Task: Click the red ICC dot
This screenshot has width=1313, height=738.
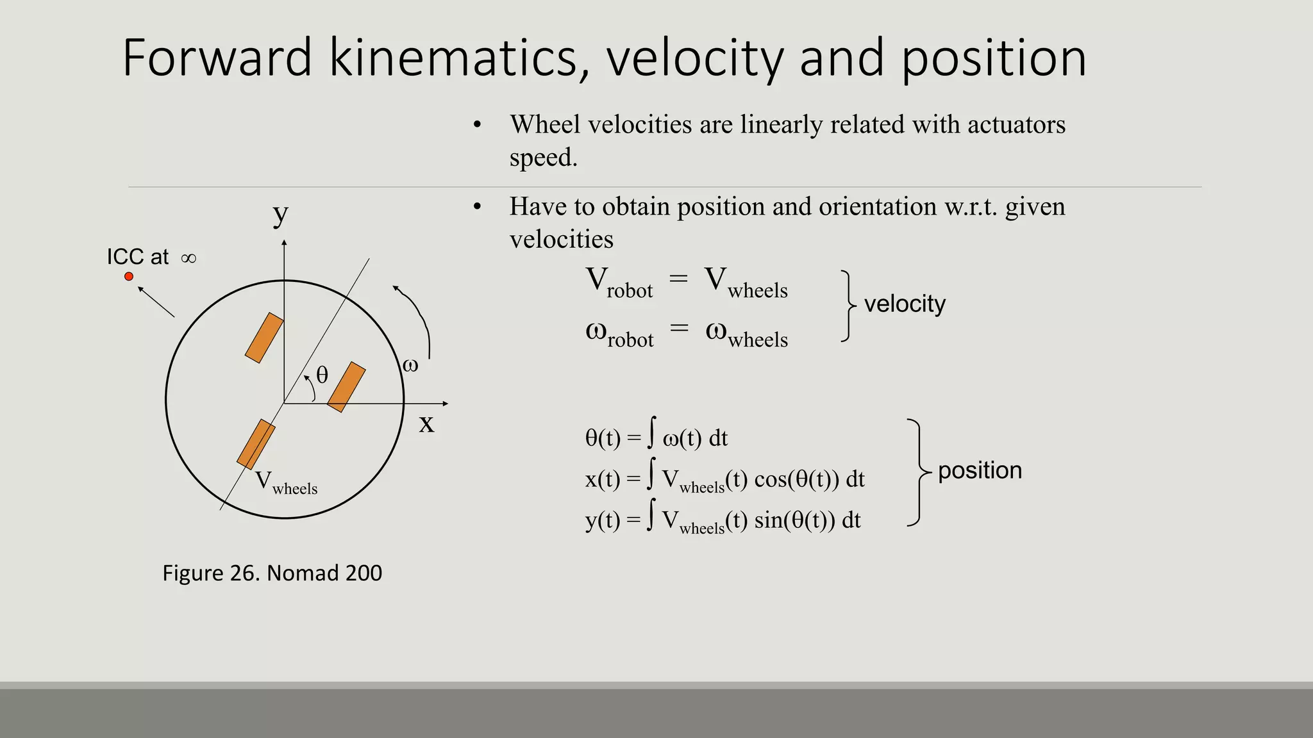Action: click(x=129, y=276)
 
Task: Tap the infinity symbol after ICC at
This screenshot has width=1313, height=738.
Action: click(x=188, y=258)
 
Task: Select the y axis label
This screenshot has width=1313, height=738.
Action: click(x=280, y=214)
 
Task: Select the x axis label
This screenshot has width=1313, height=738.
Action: click(x=426, y=423)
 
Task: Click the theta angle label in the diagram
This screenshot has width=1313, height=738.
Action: click(x=322, y=375)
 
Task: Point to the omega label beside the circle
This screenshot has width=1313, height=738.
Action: click(x=410, y=365)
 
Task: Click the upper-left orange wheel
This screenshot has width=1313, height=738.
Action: click(x=264, y=338)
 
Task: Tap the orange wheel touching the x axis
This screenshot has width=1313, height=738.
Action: click(x=346, y=387)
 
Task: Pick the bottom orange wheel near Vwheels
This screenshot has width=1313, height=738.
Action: click(x=256, y=444)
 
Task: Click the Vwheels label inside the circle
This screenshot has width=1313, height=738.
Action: click(x=286, y=482)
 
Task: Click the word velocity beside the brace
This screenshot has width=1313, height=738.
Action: click(x=905, y=304)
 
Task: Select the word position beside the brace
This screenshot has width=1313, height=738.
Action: click(x=980, y=470)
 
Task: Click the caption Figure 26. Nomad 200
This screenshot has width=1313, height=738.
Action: click(x=272, y=573)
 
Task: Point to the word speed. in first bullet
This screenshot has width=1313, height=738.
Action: click(x=543, y=158)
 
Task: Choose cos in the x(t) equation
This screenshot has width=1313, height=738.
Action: click(x=770, y=479)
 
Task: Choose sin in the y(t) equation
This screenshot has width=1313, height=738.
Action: click(x=769, y=520)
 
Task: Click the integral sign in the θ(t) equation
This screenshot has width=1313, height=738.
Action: click(x=651, y=432)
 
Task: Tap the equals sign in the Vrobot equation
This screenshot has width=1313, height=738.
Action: click(x=678, y=279)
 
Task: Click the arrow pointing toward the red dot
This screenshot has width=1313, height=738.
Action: click(x=156, y=302)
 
